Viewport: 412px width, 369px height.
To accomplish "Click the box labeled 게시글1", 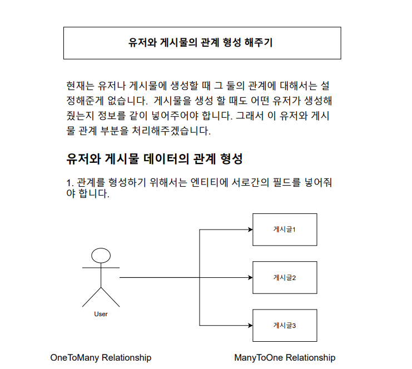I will coord(285,229).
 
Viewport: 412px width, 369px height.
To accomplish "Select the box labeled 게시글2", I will coord(285,277).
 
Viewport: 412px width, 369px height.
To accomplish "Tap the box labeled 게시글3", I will coord(285,325).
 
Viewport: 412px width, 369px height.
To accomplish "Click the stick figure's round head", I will coord(101,256).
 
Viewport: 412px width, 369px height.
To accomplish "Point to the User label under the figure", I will coord(101,314).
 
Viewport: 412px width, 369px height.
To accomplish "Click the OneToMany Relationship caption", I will coord(101,357).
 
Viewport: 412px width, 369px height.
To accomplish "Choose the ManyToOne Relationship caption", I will coord(285,357).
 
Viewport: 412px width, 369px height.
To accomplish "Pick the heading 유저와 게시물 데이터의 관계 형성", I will coord(155,158).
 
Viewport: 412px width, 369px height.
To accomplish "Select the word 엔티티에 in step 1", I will coord(207,182).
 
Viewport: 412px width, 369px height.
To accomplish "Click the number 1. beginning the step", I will coord(70,183).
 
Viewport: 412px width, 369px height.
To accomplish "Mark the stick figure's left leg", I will coord(91,298).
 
